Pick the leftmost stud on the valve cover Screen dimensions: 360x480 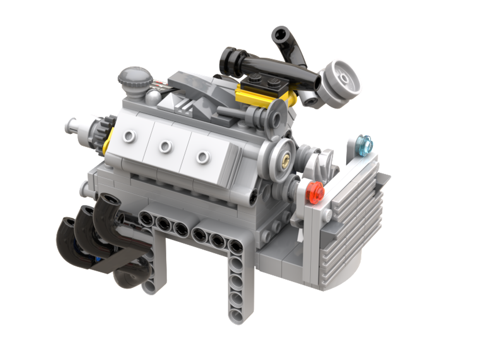pos(129,137)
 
